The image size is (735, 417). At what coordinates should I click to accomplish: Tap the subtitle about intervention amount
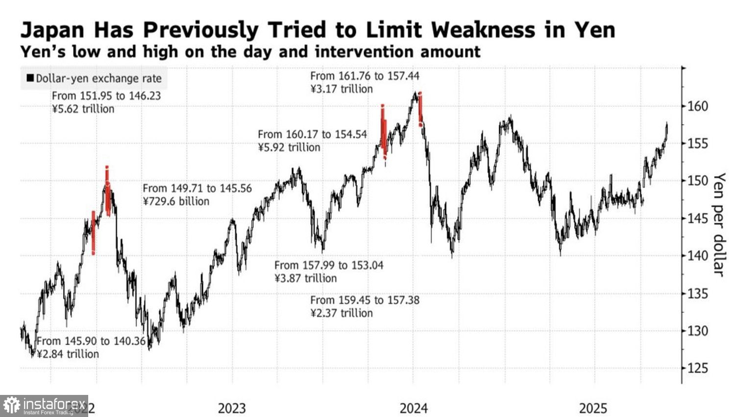pyautogui.click(x=250, y=52)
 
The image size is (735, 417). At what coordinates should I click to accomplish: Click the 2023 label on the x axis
pyautogui.click(x=232, y=408)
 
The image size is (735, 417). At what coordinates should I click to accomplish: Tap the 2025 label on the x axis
pyautogui.click(x=593, y=408)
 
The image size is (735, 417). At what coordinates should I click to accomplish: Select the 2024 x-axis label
pyautogui.click(x=413, y=408)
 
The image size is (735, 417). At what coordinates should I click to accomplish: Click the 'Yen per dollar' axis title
pyautogui.click(x=718, y=224)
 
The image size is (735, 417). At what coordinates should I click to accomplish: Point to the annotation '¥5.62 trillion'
pyautogui.click(x=83, y=109)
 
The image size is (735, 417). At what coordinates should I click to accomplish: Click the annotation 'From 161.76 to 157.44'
pyautogui.click(x=365, y=76)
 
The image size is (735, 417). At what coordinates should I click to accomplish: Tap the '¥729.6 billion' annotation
pyautogui.click(x=176, y=201)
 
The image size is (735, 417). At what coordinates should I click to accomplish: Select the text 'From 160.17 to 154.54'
pyautogui.click(x=312, y=134)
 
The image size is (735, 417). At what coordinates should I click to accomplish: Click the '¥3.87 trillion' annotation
pyautogui.click(x=305, y=278)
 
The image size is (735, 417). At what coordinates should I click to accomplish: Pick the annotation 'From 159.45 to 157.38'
pyautogui.click(x=365, y=300)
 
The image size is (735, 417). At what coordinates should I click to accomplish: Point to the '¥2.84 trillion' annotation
pyautogui.click(x=68, y=354)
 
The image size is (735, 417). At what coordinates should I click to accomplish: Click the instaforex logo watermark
pyautogui.click(x=44, y=406)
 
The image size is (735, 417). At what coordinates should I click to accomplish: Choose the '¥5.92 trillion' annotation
pyautogui.click(x=289, y=147)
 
